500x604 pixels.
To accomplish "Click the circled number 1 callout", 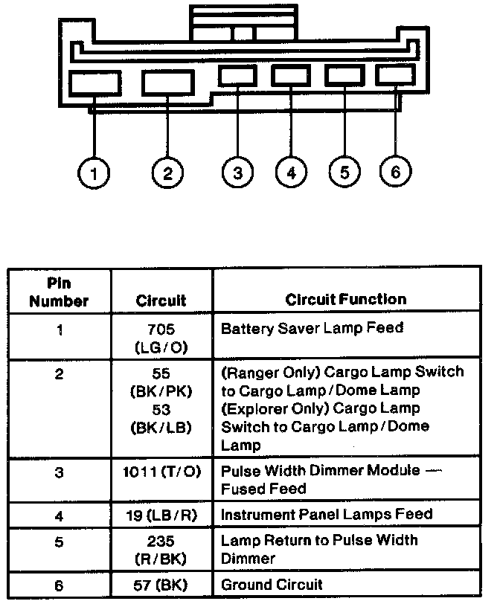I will coord(94,174).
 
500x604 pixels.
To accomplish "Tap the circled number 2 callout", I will coord(167,174).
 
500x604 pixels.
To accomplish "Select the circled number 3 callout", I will coord(237,173).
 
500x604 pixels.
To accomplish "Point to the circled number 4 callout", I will coord(290,173).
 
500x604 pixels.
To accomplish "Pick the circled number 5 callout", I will coord(344,173).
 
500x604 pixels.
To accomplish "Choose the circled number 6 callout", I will coord(395,173).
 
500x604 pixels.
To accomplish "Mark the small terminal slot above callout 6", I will coord(395,75).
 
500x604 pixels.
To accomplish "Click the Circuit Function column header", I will coord(346,300).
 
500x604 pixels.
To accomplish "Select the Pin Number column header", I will coord(59,292).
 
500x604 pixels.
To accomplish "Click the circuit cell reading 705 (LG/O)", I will coord(161,337).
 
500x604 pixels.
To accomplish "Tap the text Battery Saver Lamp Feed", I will coord(313,328).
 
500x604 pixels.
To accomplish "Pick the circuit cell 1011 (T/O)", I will coord(161,472).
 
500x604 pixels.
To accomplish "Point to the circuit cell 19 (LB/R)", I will coord(161,513).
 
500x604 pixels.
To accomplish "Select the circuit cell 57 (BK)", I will coord(161,584).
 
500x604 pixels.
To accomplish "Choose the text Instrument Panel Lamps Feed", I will coord(327,513).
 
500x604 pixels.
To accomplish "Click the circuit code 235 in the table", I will coord(161,540).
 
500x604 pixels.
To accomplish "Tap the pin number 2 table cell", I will coord(59,374).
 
